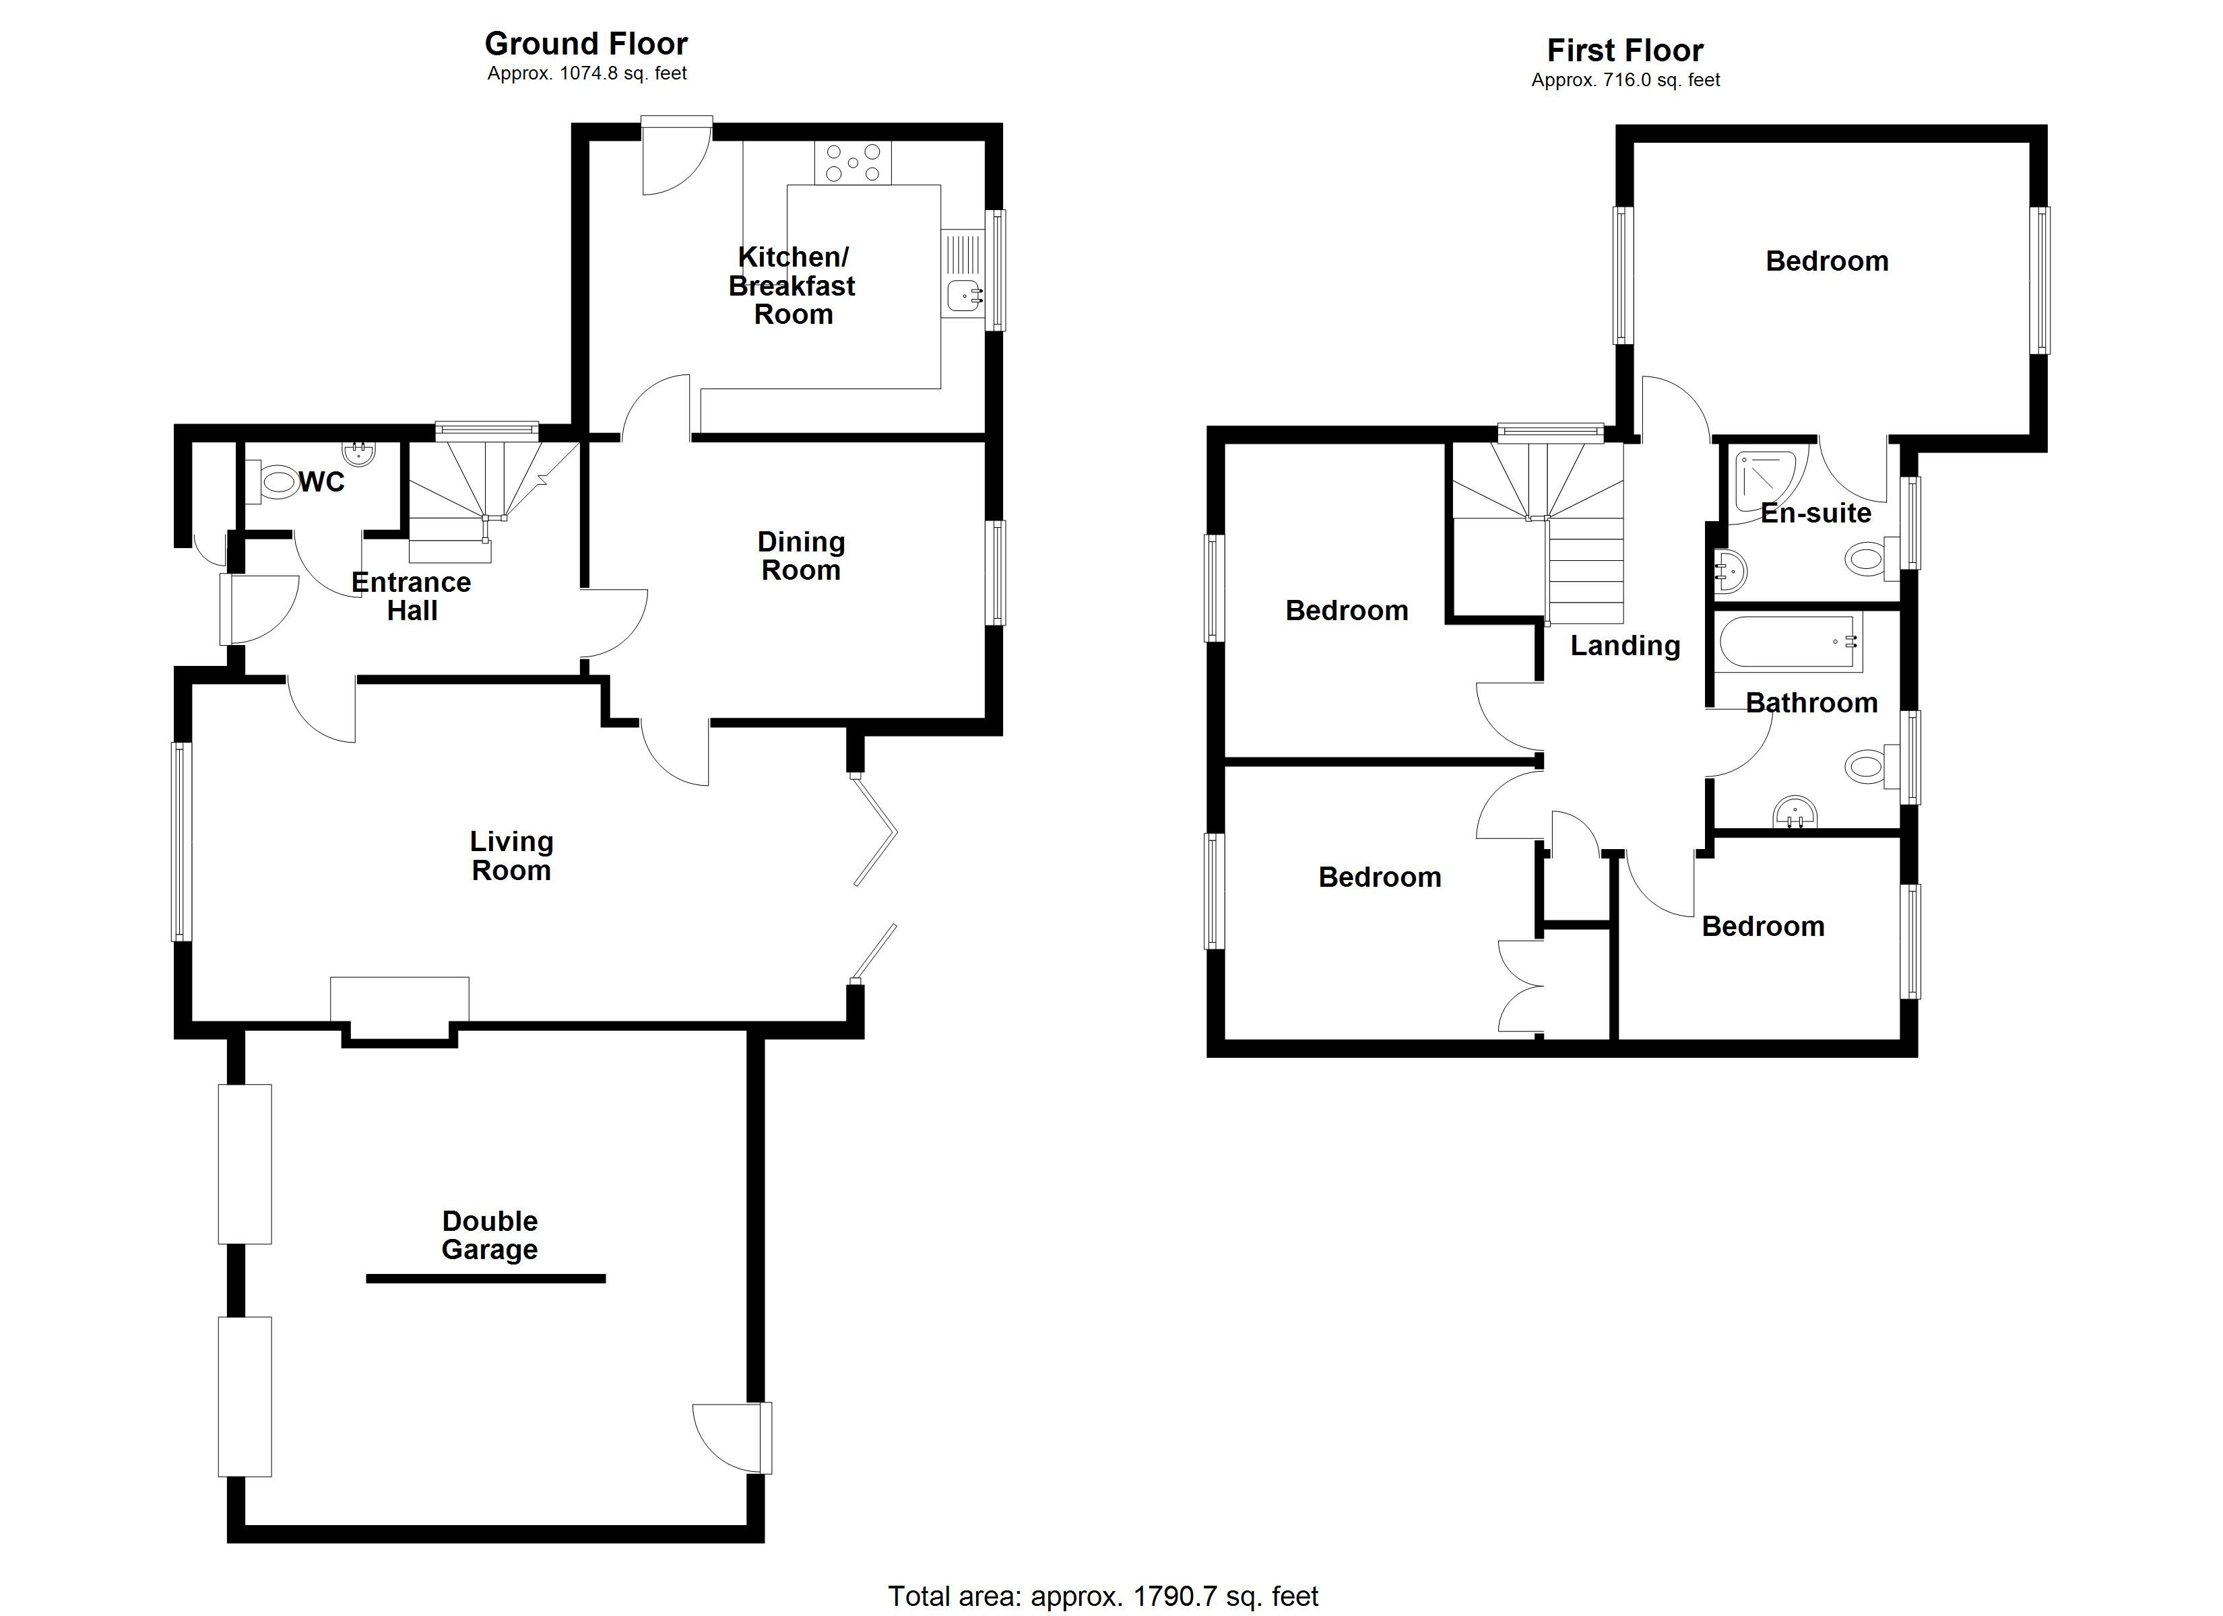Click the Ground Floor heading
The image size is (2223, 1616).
coord(586,43)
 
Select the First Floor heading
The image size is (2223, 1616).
coord(1624,50)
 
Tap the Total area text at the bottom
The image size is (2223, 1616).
coord(1103,1596)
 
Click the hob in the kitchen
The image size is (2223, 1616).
coord(853,164)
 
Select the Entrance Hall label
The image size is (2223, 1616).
coord(412,596)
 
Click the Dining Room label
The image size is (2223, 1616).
coord(801,555)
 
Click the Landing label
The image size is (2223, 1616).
coord(1624,645)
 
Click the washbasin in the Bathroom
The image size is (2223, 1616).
coord(1796,813)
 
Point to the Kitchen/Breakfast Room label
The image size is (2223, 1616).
coord(792,285)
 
